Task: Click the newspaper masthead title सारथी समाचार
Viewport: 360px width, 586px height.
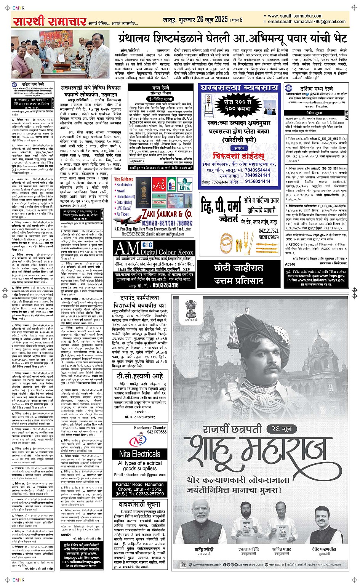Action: click(x=50, y=21)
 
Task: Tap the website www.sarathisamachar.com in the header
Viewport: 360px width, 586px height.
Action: click(x=295, y=16)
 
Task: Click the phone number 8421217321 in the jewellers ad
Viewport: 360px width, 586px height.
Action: click(x=269, y=231)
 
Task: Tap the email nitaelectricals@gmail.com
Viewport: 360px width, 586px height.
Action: click(x=140, y=475)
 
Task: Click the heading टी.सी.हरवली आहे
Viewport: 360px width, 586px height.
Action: click(x=140, y=376)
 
